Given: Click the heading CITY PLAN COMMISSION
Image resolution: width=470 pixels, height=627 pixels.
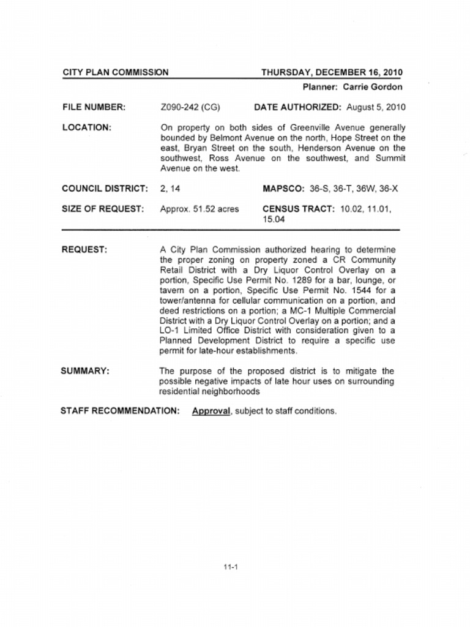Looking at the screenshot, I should click(116, 73).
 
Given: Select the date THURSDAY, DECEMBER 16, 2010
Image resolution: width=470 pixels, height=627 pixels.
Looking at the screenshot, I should click(332, 73).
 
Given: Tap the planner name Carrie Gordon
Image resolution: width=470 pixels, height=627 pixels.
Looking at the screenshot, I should click(372, 87).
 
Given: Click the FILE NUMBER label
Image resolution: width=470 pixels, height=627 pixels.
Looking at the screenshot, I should click(94, 107).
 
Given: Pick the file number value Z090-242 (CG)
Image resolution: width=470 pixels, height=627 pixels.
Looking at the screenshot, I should click(190, 107).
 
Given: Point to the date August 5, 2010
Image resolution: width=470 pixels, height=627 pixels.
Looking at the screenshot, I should click(376, 107).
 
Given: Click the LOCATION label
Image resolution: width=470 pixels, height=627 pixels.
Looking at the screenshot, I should click(86, 127).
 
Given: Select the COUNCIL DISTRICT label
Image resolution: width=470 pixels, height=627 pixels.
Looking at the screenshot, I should click(105, 189).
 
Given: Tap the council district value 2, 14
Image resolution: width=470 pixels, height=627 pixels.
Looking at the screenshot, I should click(170, 189).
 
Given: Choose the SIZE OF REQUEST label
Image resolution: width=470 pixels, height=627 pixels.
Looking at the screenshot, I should click(103, 209).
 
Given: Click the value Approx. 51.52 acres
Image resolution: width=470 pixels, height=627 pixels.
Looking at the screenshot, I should click(200, 209).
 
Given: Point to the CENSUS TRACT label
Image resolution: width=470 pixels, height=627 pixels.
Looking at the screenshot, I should click(298, 209).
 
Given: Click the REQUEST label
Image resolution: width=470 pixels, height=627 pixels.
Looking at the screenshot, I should click(84, 250).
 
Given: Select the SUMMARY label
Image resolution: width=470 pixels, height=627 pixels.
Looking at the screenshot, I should click(85, 371).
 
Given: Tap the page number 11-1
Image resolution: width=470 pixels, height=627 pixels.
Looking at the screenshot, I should click(231, 567).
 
